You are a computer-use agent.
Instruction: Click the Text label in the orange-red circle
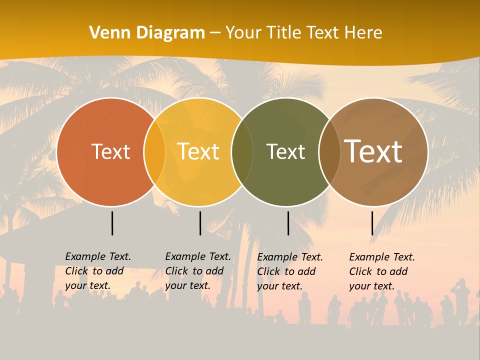pos(110,151)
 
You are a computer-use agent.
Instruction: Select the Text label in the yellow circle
pos(198,151)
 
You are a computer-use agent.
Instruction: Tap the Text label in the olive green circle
pos(285,151)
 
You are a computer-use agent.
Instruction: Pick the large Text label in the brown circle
pos(373,151)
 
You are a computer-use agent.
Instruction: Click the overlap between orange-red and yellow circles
pos(154,152)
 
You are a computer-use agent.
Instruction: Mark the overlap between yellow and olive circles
pos(242,152)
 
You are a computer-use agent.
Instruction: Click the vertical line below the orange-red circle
pos(112,223)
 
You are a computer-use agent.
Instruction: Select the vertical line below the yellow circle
pos(200,223)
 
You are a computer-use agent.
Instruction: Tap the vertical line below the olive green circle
pos(288,223)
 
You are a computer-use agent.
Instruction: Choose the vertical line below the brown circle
pos(372,223)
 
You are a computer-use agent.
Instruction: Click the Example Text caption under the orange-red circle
pos(98,271)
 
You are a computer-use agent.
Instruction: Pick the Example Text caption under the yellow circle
pos(198,271)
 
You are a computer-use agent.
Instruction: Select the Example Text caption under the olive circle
pos(290,271)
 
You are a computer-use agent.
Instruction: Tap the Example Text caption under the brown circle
pos(382,271)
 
